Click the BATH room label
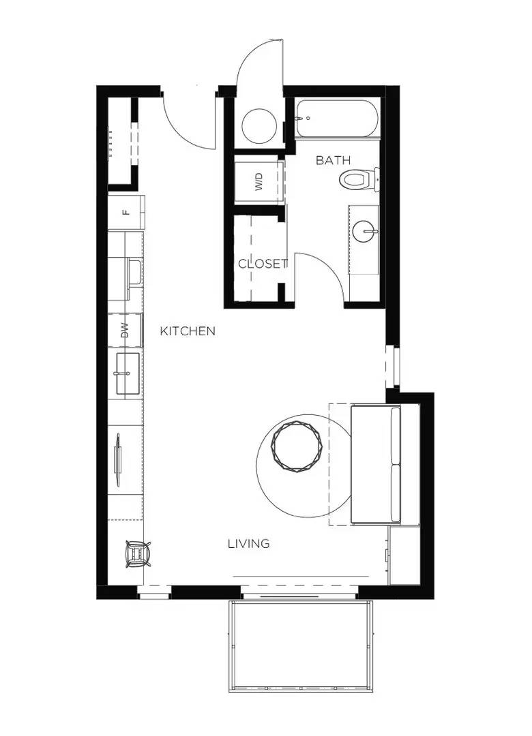[x=333, y=160]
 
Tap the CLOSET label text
[x=263, y=264]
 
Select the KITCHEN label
[x=188, y=331]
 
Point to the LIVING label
[x=248, y=543]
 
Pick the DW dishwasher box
[x=125, y=332]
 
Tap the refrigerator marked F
[x=126, y=211]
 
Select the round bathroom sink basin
[x=365, y=232]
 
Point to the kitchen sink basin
[x=127, y=373]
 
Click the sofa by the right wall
[x=375, y=464]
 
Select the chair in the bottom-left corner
[x=138, y=553]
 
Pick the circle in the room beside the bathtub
[x=260, y=125]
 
